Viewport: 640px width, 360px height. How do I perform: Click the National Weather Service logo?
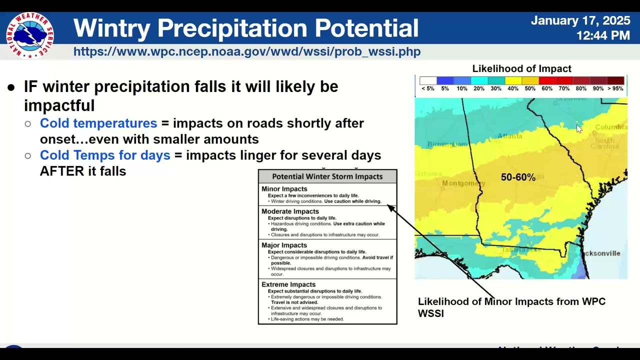coord(30,35)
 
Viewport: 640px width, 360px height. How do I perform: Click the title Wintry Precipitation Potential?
coord(245,28)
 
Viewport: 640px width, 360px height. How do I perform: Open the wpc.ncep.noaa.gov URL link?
coord(247,51)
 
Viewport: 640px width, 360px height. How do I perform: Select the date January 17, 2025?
coord(580,20)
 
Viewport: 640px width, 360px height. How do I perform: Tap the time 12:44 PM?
coord(602,35)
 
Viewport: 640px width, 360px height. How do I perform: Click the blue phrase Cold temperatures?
coord(98,123)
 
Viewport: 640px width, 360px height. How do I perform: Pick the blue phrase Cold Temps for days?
coord(105,155)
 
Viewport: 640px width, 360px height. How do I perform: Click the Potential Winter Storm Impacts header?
coord(327,176)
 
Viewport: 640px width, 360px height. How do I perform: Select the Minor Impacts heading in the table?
coord(284,189)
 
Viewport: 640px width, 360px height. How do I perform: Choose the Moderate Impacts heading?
coord(290,211)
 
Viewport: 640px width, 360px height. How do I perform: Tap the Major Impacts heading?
coord(284,245)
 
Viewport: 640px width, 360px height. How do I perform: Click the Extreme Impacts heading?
coord(288,284)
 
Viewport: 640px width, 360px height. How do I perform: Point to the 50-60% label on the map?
coord(518,177)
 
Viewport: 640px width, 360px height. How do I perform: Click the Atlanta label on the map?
coord(510,136)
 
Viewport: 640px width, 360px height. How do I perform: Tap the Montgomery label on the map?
coord(463,183)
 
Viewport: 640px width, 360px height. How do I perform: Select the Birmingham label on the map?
coord(447,144)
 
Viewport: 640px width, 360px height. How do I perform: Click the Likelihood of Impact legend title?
coord(521,68)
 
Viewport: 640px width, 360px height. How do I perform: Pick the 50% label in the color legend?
coord(529,88)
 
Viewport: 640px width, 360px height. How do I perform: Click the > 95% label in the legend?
coord(615,88)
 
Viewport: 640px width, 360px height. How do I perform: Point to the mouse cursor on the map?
coord(578,128)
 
